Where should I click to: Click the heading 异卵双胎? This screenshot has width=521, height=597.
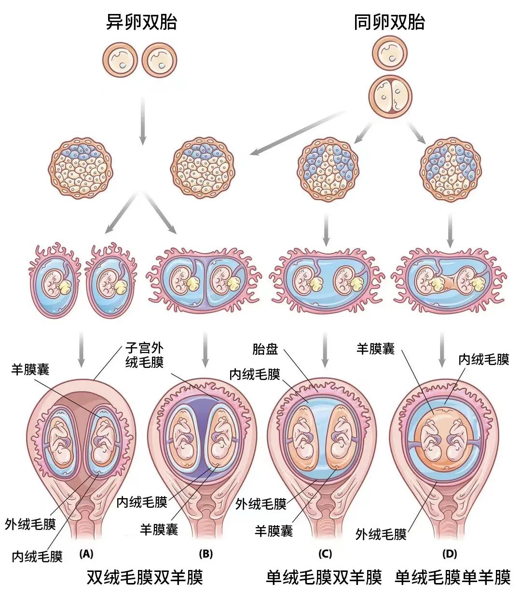click(141, 22)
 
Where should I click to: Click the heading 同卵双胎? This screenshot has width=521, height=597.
click(390, 22)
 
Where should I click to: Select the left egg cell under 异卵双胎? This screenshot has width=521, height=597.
click(120, 60)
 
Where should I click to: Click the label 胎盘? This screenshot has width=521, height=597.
click(265, 349)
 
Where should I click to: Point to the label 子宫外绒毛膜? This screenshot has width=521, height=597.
click(144, 355)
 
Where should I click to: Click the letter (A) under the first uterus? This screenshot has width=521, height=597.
click(86, 554)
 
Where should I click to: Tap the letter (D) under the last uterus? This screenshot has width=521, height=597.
click(450, 554)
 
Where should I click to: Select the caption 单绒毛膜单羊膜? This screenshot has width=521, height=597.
click(452, 577)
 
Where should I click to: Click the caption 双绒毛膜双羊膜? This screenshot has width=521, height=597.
click(145, 577)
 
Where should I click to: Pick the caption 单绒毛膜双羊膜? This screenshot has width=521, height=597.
click(324, 577)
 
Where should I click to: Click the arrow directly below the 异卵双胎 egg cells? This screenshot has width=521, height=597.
click(142, 121)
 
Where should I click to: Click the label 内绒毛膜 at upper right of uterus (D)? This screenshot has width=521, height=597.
click(484, 360)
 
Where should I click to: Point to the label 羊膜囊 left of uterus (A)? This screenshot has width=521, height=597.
click(30, 369)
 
